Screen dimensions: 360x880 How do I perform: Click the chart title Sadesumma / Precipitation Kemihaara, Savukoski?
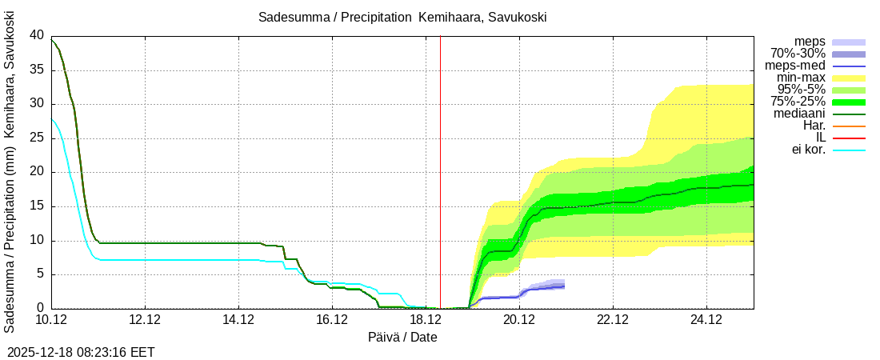(402, 18)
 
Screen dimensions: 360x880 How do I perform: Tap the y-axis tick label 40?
(36, 35)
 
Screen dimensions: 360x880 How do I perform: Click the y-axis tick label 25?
(36, 138)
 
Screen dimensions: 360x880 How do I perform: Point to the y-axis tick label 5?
(40, 274)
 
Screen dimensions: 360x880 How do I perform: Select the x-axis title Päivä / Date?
(402, 337)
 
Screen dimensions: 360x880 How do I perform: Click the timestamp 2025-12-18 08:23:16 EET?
(81, 352)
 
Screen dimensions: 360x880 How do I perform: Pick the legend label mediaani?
(799, 114)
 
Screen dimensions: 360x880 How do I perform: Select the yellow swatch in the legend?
(849, 78)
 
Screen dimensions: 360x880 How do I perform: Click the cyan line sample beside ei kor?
(849, 150)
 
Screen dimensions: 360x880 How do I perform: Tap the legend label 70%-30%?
(798, 54)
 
